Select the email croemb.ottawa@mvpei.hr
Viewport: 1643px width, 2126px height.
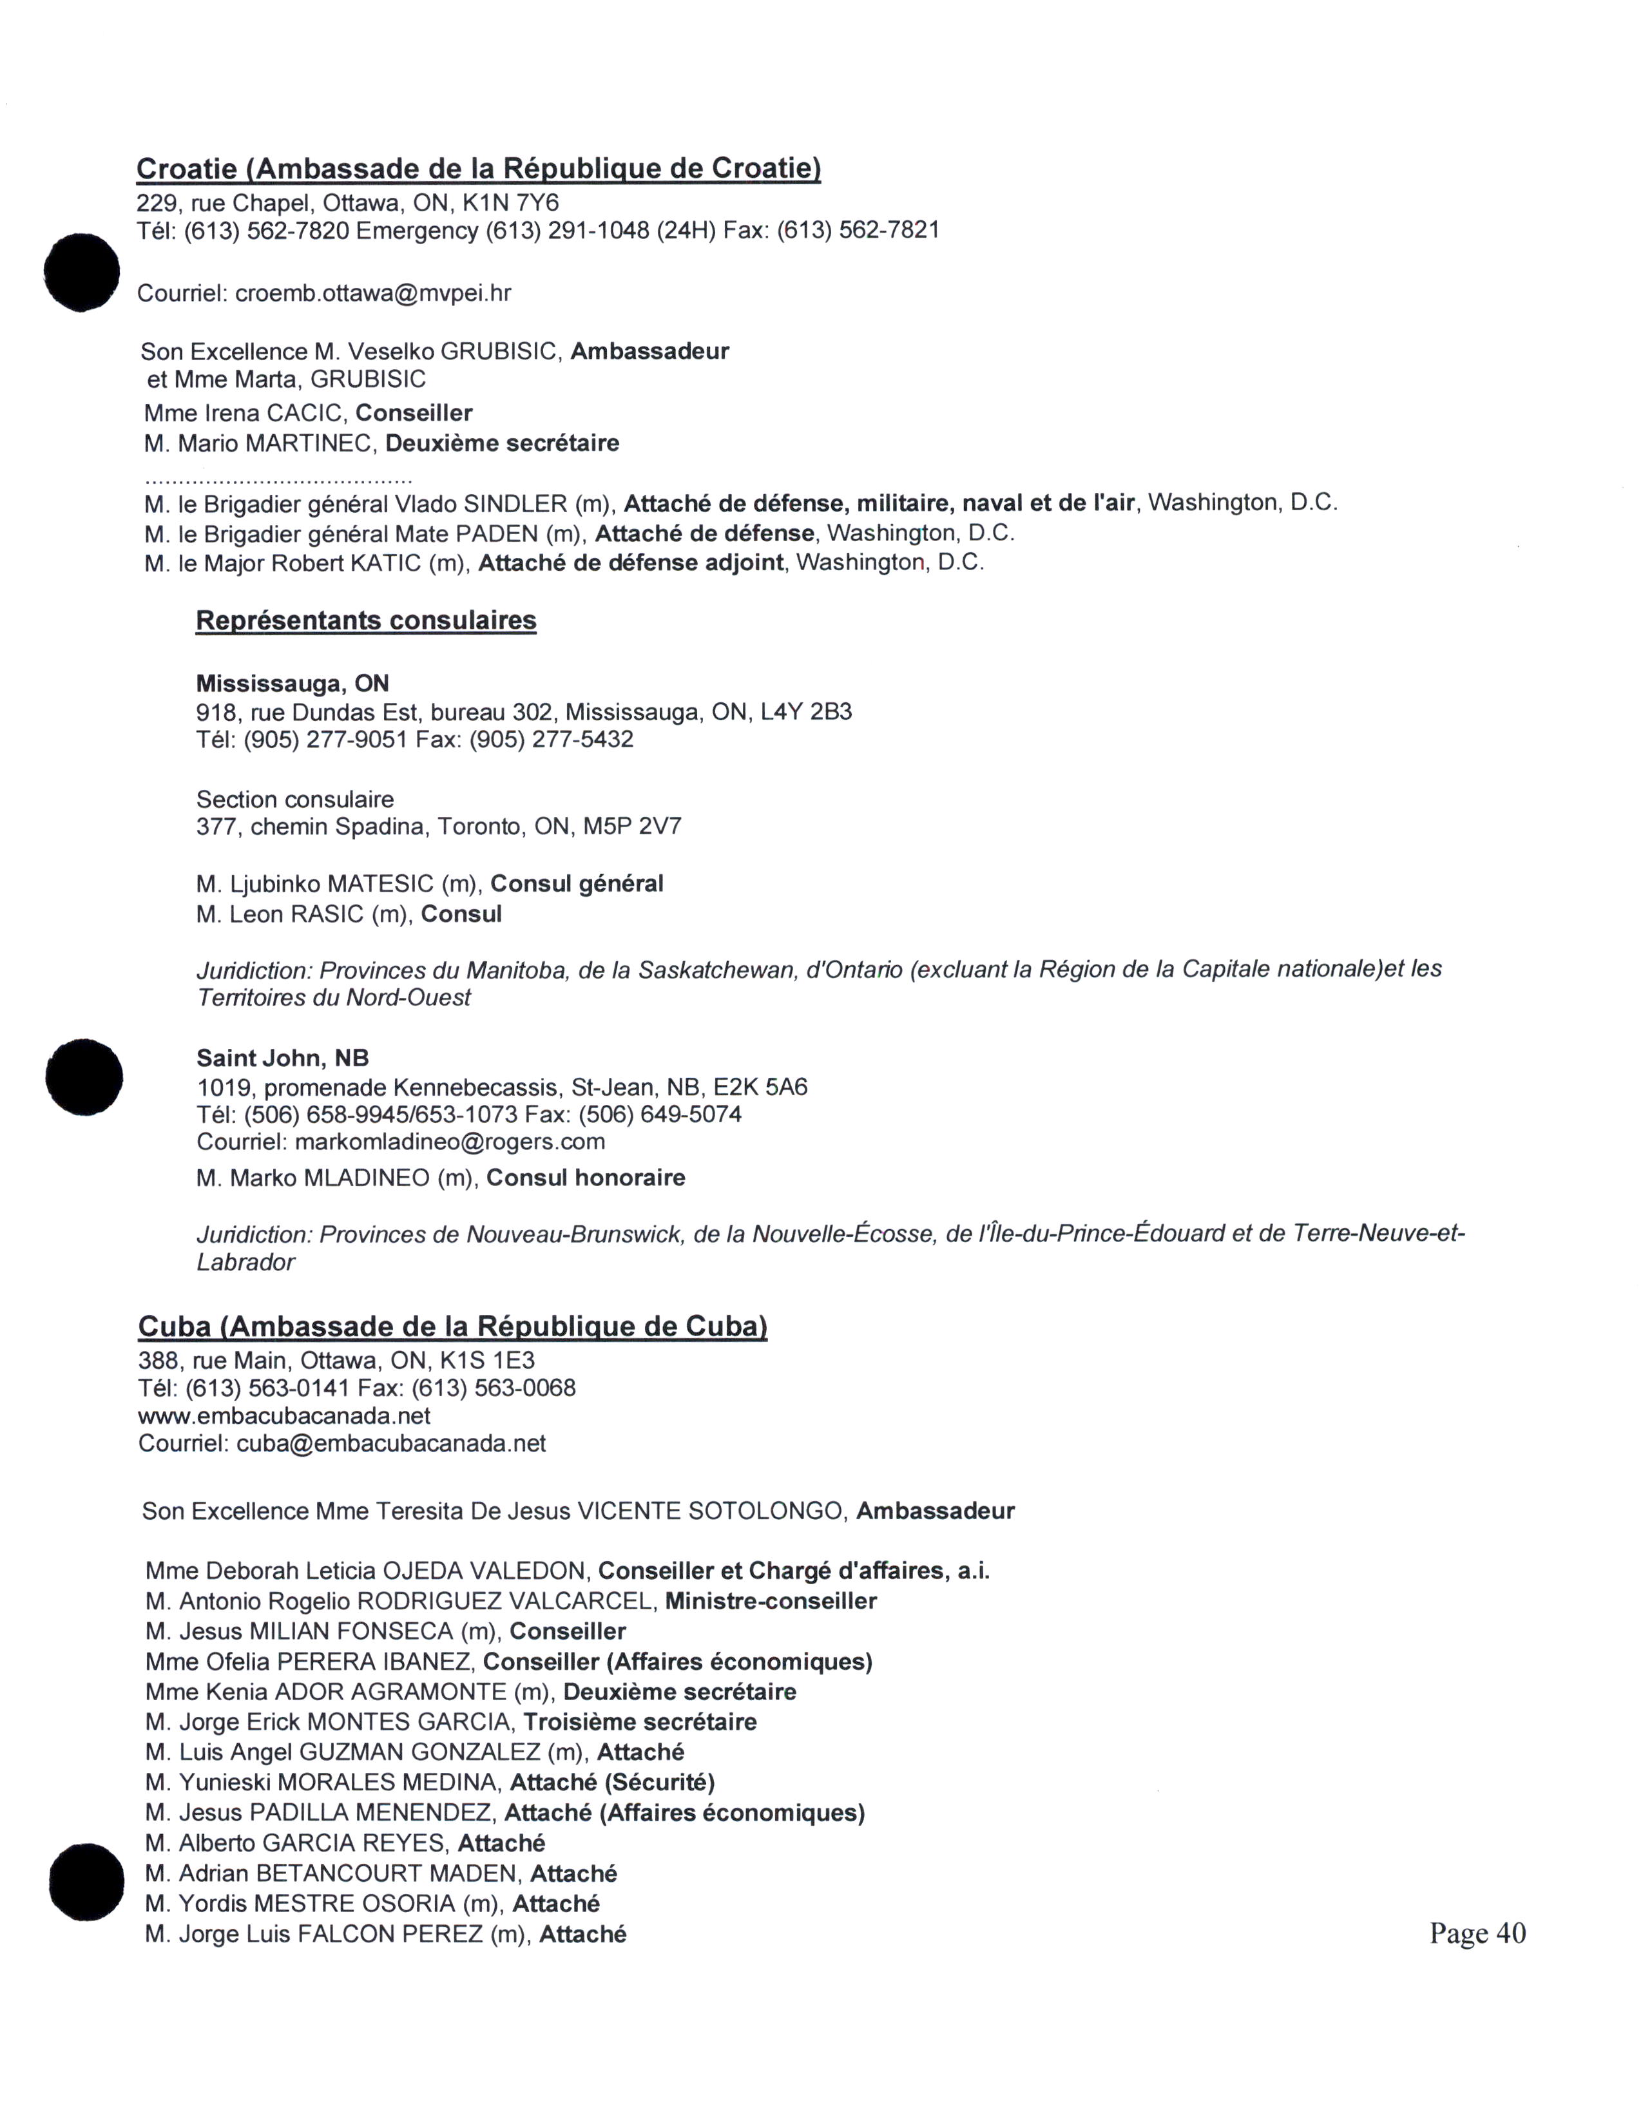click(373, 293)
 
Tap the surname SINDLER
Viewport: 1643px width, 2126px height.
click(515, 503)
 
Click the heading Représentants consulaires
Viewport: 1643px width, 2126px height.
click(366, 620)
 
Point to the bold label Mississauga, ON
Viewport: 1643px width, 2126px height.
click(292, 684)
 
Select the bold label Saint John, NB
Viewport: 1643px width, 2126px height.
click(282, 1058)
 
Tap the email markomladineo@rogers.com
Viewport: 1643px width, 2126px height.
click(450, 1141)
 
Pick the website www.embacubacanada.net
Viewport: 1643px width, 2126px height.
click(284, 1415)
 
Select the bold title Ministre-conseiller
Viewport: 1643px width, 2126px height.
click(771, 1602)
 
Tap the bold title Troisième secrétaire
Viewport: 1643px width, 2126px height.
click(640, 1722)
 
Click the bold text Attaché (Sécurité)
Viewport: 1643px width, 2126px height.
click(612, 1783)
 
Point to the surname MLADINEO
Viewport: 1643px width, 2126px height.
click(367, 1178)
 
